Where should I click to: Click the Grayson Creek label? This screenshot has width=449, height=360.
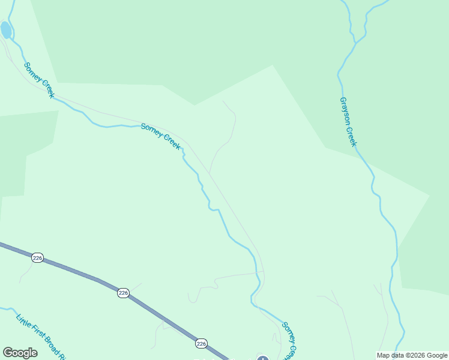(348, 122)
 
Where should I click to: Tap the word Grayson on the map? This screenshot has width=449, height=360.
(345, 112)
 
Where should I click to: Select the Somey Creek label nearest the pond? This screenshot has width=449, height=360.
(39, 80)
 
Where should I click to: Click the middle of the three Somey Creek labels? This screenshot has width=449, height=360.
(160, 136)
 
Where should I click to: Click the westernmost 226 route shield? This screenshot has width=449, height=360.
(37, 257)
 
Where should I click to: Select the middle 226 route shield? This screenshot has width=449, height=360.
(123, 293)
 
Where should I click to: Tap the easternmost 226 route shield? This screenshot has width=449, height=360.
(201, 343)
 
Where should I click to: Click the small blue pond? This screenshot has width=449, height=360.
(5, 29)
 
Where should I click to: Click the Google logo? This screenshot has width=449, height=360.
(20, 353)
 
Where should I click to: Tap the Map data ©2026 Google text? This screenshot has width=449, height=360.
(412, 355)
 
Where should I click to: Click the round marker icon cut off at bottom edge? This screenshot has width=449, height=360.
(262, 358)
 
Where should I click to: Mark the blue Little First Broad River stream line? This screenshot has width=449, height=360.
(10, 310)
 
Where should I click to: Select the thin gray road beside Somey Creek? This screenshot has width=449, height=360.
(234, 210)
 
